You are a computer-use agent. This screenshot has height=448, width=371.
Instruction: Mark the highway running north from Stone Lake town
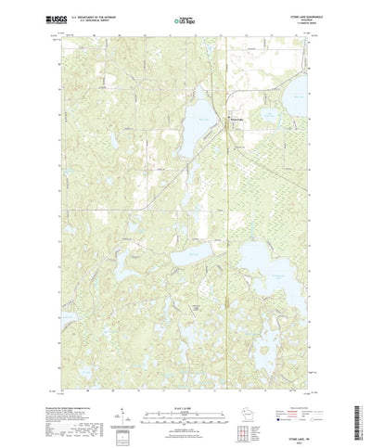tap(227, 74)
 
